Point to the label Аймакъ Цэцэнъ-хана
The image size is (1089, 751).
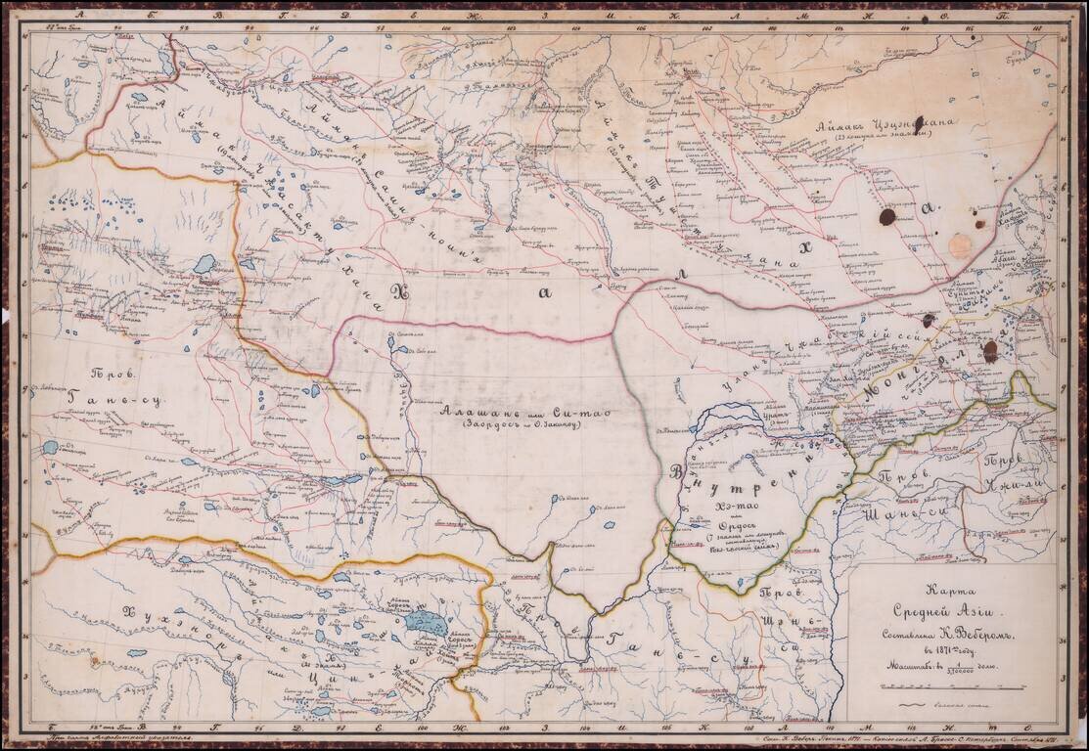coord(891,124)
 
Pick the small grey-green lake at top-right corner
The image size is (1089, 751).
coord(1030,46)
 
